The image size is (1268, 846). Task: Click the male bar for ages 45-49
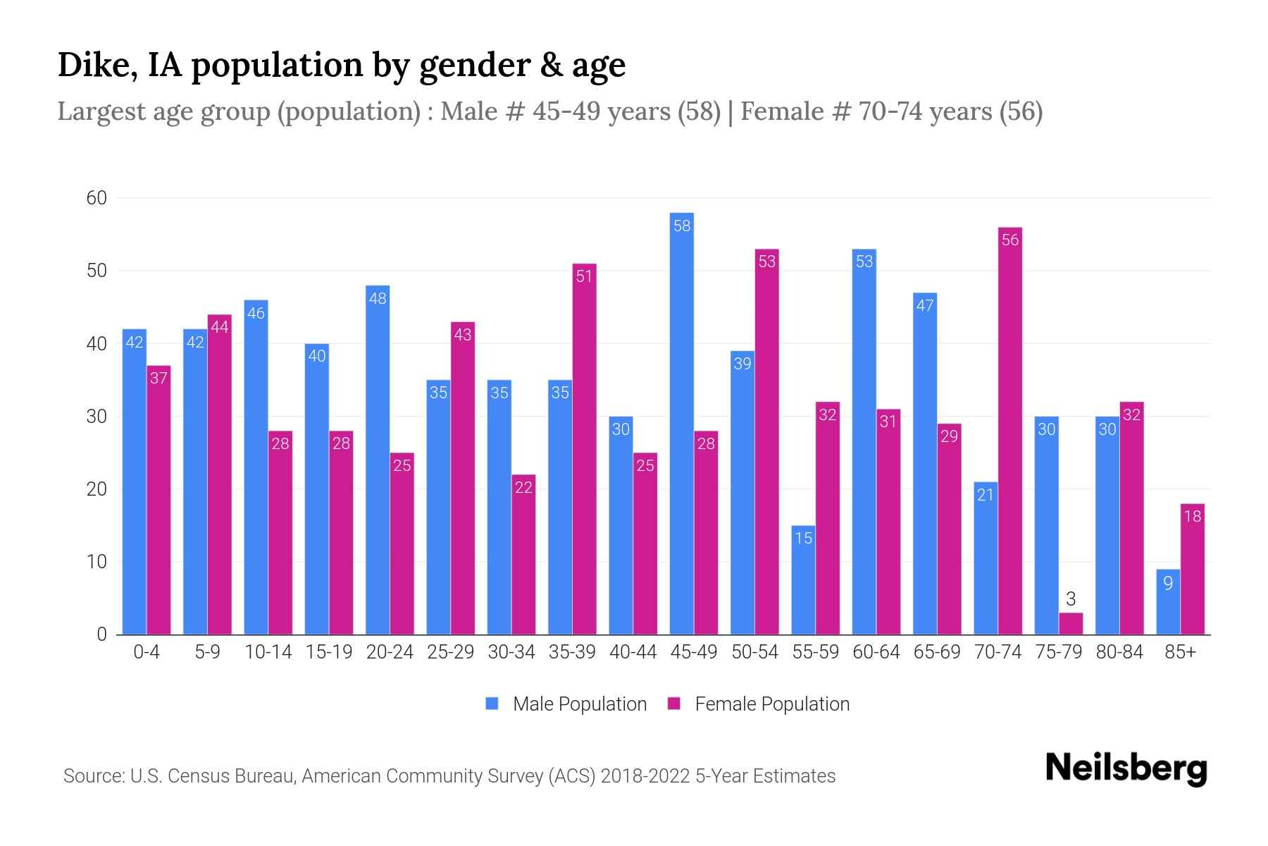[681, 423]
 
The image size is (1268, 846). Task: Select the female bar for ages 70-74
[1009, 430]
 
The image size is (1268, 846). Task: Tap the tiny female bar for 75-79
[1070, 624]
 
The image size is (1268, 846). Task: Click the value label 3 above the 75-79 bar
[1071, 599]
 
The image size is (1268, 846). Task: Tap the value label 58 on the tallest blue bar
[682, 226]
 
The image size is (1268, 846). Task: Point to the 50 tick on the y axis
[97, 271]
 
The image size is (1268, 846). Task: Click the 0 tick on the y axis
[101, 634]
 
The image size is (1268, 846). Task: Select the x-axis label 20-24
[390, 652]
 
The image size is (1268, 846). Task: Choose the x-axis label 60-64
[876, 652]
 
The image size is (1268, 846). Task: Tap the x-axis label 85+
[1180, 652]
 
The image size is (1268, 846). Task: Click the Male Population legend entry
[579, 704]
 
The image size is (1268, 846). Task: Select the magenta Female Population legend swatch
[674, 704]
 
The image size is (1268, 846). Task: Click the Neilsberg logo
[1126, 768]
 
